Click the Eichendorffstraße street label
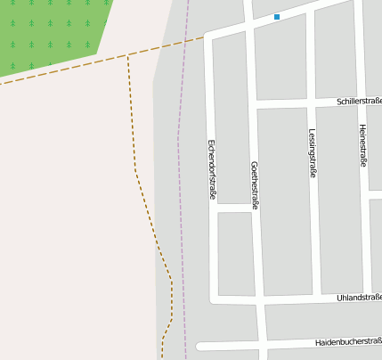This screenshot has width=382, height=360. (213, 168)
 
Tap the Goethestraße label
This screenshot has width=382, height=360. (256, 185)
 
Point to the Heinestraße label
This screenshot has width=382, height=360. (362, 145)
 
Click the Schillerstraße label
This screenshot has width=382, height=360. (359, 102)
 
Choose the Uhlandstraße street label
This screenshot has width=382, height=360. (360, 297)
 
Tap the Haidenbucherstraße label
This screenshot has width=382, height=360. (348, 342)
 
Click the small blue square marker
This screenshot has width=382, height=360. (277, 17)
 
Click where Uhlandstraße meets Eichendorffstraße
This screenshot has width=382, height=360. (214, 299)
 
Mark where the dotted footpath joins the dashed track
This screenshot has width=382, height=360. (128, 55)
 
